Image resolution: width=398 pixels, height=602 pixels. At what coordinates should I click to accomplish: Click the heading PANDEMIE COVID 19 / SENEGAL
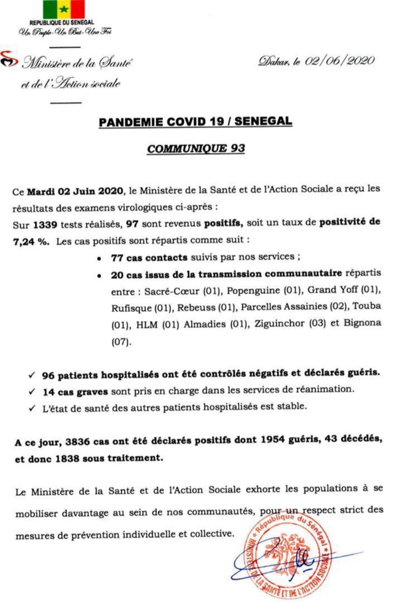(194, 123)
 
